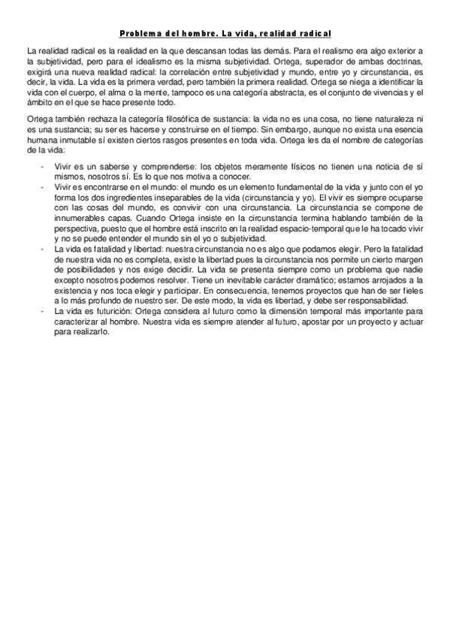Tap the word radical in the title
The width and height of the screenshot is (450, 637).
pyautogui.click(x=313, y=34)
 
